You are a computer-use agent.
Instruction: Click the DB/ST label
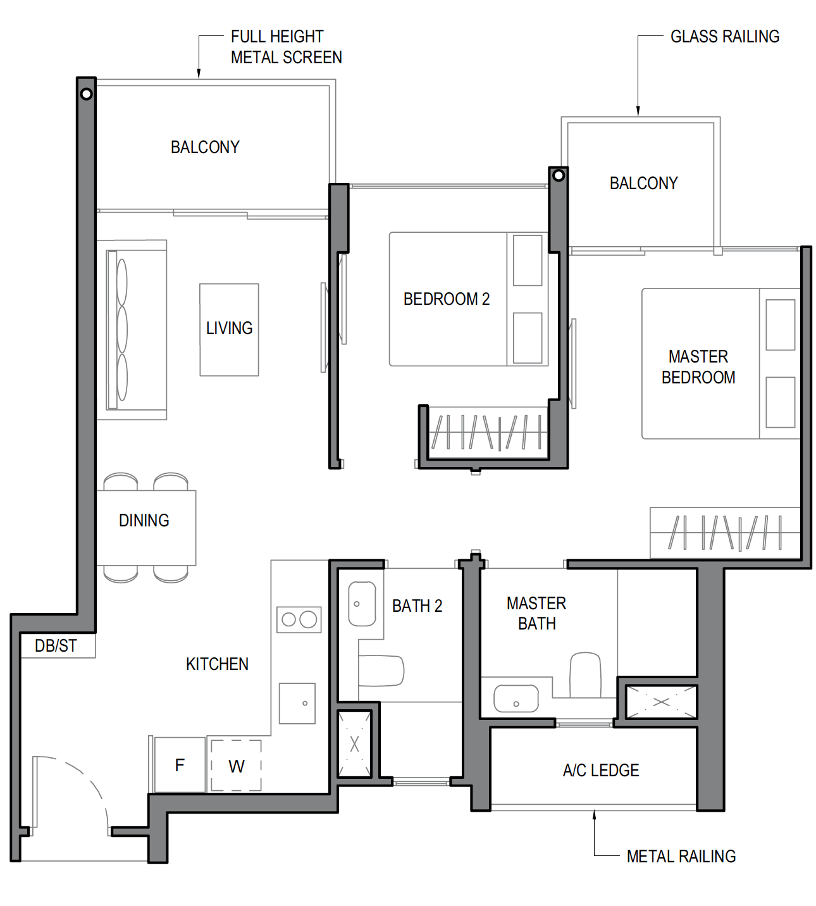click(56, 646)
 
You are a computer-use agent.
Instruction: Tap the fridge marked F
click(180, 765)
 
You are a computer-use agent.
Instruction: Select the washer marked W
click(236, 766)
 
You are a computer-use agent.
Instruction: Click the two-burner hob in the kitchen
click(299, 619)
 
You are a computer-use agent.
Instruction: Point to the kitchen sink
click(297, 703)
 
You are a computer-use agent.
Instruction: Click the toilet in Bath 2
click(381, 671)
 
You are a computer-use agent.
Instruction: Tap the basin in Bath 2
click(362, 604)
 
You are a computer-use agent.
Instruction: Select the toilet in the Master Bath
click(585, 675)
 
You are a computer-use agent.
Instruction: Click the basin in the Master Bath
click(516, 698)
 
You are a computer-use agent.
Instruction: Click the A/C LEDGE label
click(601, 770)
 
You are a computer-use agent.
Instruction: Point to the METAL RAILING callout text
click(681, 856)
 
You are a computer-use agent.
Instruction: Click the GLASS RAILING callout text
click(725, 37)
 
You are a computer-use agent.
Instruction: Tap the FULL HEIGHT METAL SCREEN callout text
click(287, 47)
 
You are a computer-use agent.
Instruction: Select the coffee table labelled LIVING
click(230, 330)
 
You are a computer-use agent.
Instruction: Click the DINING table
click(146, 528)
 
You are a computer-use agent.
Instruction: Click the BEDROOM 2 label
click(447, 299)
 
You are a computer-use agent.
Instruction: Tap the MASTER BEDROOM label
click(698, 367)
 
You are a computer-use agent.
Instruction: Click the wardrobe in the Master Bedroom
click(725, 533)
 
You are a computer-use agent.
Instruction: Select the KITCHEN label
click(217, 664)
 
